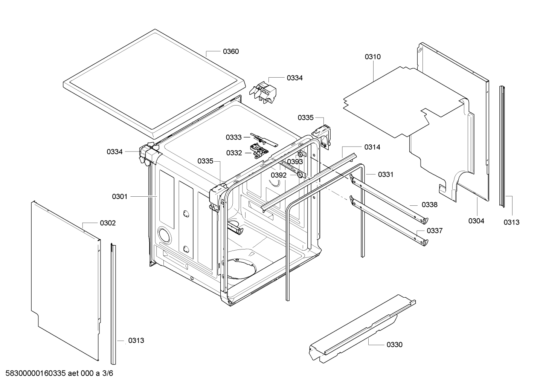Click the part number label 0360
[x=230, y=51]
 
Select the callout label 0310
[x=372, y=57]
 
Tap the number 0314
[x=372, y=147]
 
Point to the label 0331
[x=386, y=174]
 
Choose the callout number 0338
[x=429, y=205]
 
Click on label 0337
[x=435, y=231]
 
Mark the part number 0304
[x=476, y=221]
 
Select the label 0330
[x=394, y=344]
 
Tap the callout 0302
[x=108, y=223]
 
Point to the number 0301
[x=120, y=196]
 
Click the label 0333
[x=233, y=138]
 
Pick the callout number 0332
[x=234, y=153]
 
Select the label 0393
[x=295, y=162]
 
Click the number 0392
[x=279, y=175]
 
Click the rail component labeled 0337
[x=388, y=220]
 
